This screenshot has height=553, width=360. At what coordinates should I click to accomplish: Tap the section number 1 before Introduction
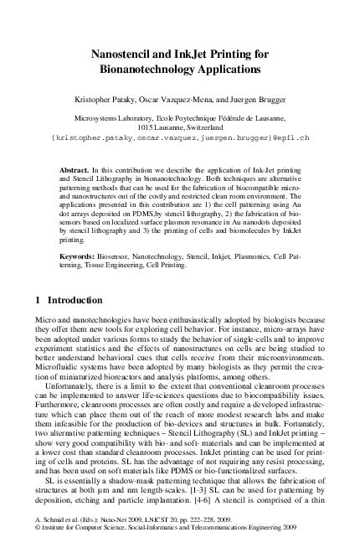point(39,300)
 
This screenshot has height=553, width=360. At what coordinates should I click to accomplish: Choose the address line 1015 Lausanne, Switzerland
point(180,127)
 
